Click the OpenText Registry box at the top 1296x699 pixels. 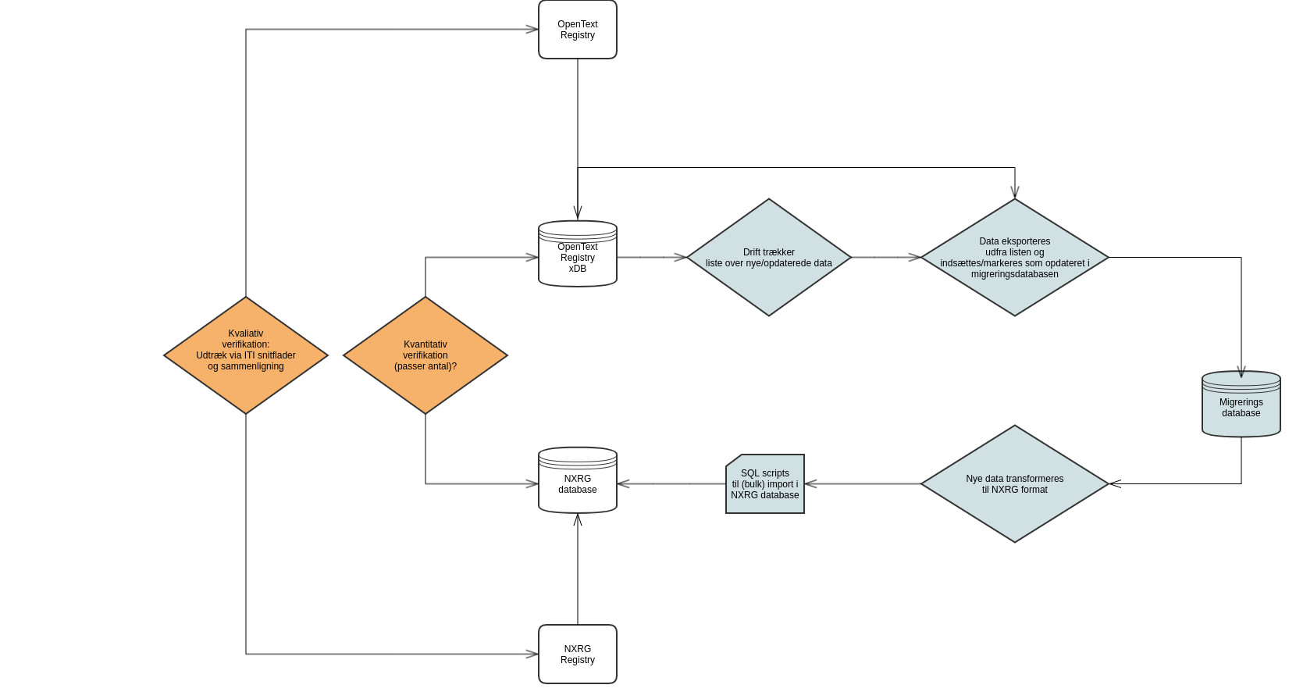click(x=578, y=30)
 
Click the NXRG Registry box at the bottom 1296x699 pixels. click(x=578, y=654)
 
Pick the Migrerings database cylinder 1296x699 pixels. click(x=1241, y=405)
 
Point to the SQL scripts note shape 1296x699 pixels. click(x=765, y=484)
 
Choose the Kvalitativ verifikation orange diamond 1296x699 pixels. click(x=246, y=355)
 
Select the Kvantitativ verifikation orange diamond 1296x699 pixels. click(x=425, y=355)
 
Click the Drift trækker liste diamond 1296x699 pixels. click(x=769, y=258)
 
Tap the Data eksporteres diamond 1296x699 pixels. click(x=1015, y=258)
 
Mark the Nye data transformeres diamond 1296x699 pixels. click(x=1015, y=484)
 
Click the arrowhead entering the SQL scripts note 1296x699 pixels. click(x=810, y=484)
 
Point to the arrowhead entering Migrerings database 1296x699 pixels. click(x=1241, y=373)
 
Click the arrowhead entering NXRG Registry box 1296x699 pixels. click(x=533, y=654)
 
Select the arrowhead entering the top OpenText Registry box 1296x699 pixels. click(x=533, y=30)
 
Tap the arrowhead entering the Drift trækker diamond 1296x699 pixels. click(x=681, y=257)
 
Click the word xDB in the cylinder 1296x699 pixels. click(x=578, y=269)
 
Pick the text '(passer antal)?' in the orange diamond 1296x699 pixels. click(x=425, y=366)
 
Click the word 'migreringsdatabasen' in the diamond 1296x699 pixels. click(x=1015, y=274)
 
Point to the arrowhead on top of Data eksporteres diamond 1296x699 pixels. click(x=1015, y=193)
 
